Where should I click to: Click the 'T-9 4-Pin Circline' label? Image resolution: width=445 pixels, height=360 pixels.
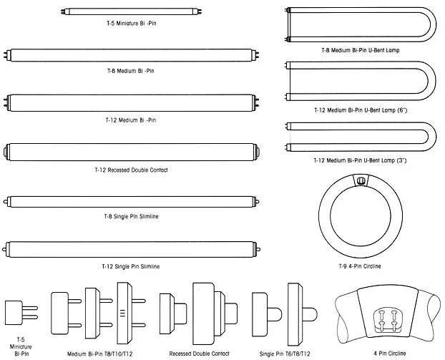(360, 266)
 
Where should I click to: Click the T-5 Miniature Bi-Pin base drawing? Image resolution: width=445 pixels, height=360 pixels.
(19, 313)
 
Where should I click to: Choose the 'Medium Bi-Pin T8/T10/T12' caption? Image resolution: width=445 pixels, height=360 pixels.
(99, 354)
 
